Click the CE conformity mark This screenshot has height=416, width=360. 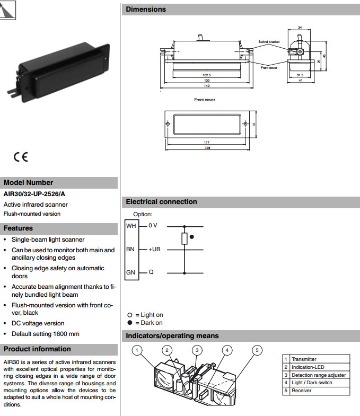pyautogui.click(x=21, y=157)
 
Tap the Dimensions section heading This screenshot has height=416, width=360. pyautogui.click(x=146, y=9)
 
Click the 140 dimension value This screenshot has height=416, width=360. pyautogui.click(x=207, y=86)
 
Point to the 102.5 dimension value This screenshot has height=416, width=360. pyautogui.click(x=207, y=75)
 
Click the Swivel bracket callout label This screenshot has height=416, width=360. pyautogui.click(x=268, y=41)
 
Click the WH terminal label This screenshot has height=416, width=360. pyautogui.click(x=131, y=225)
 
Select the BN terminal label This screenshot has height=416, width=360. pyautogui.click(x=131, y=249)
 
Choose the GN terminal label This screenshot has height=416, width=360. pyautogui.click(x=131, y=273)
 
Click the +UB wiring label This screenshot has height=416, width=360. pyautogui.click(x=154, y=249)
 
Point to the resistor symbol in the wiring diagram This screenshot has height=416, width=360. pyautogui.click(x=185, y=238)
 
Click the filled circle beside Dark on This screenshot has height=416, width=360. pyautogui.click(x=130, y=323)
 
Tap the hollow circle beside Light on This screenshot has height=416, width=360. pyautogui.click(x=130, y=315)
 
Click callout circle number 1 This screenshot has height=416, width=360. pyautogui.click(x=137, y=350)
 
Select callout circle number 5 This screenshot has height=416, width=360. pyautogui.click(x=257, y=350)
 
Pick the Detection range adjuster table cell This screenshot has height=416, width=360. pyautogui.click(x=318, y=375)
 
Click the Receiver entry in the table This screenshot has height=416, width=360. pyautogui.click(x=302, y=391)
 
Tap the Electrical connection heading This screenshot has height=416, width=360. pyautogui.click(x=161, y=202)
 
